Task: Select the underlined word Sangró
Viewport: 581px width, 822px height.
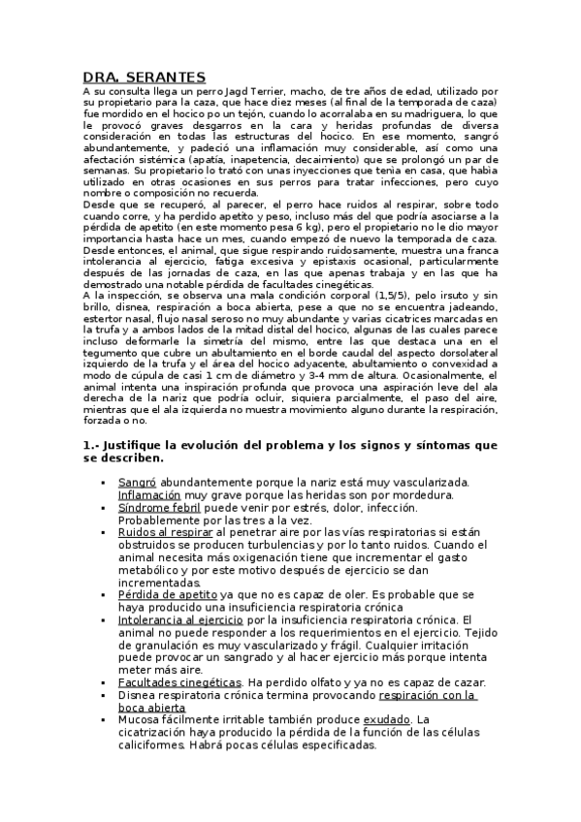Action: pos(137,482)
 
